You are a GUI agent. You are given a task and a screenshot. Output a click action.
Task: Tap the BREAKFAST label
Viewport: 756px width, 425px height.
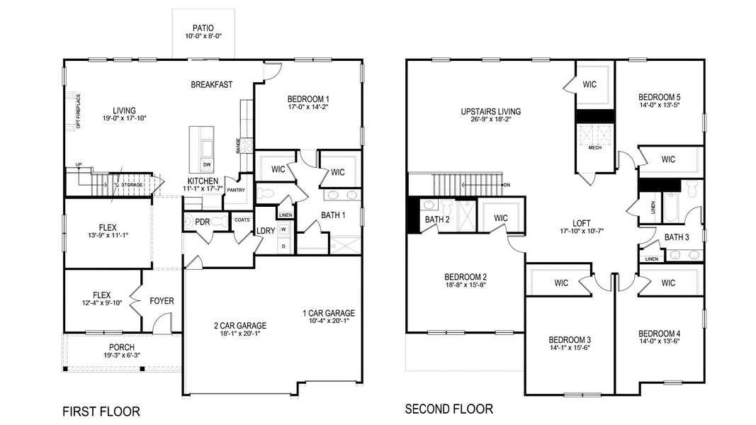pyautogui.click(x=212, y=85)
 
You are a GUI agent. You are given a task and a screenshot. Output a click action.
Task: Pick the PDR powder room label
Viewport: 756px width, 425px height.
pyautogui.click(x=202, y=221)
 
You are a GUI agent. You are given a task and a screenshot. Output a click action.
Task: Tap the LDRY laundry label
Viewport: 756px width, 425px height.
pyautogui.click(x=266, y=231)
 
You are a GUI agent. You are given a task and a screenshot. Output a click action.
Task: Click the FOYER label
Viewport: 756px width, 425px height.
pyautogui.click(x=162, y=301)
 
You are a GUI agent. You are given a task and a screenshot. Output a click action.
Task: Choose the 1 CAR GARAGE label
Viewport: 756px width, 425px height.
pyautogui.click(x=328, y=313)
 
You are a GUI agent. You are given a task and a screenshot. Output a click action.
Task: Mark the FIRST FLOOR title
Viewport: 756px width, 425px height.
pyautogui.click(x=101, y=412)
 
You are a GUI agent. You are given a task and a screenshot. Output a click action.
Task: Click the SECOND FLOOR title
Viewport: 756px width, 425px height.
pyautogui.click(x=448, y=409)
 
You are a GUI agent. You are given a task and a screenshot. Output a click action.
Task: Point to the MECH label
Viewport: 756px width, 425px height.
pyautogui.click(x=594, y=149)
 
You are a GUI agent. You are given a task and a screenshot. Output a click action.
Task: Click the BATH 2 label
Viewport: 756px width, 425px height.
pyautogui.click(x=438, y=220)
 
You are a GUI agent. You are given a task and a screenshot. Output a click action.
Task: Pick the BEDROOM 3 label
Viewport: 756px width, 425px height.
pyautogui.click(x=569, y=340)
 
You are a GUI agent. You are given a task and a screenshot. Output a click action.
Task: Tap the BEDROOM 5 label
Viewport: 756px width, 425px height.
pyautogui.click(x=659, y=97)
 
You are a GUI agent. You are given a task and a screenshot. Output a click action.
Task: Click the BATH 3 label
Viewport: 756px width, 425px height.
pyautogui.click(x=677, y=237)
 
